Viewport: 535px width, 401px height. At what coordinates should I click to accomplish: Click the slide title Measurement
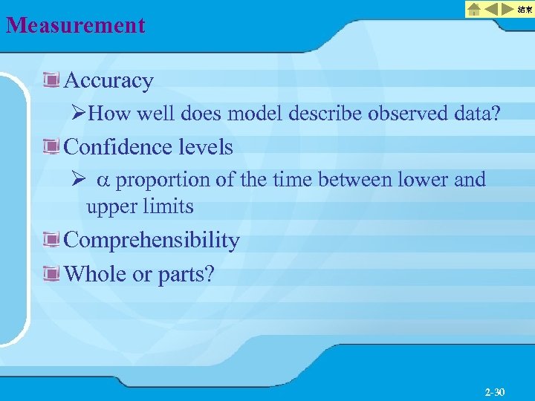pos(76,26)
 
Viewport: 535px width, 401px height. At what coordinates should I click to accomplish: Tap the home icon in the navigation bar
pos(473,10)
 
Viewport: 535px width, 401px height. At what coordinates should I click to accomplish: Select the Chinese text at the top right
pos(525,10)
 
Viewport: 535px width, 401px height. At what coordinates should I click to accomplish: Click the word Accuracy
pos(109,80)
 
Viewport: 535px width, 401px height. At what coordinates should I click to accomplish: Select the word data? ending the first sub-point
pos(479,114)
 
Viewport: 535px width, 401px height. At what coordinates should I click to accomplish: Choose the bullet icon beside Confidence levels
pos(51,147)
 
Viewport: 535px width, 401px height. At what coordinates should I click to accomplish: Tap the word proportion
pos(163,180)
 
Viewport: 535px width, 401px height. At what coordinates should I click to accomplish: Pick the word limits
pos(169,206)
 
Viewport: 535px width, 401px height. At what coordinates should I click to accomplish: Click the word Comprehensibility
pos(152,241)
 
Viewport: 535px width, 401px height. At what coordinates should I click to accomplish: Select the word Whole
pos(96,274)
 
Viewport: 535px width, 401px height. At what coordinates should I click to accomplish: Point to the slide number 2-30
pos(494,391)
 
